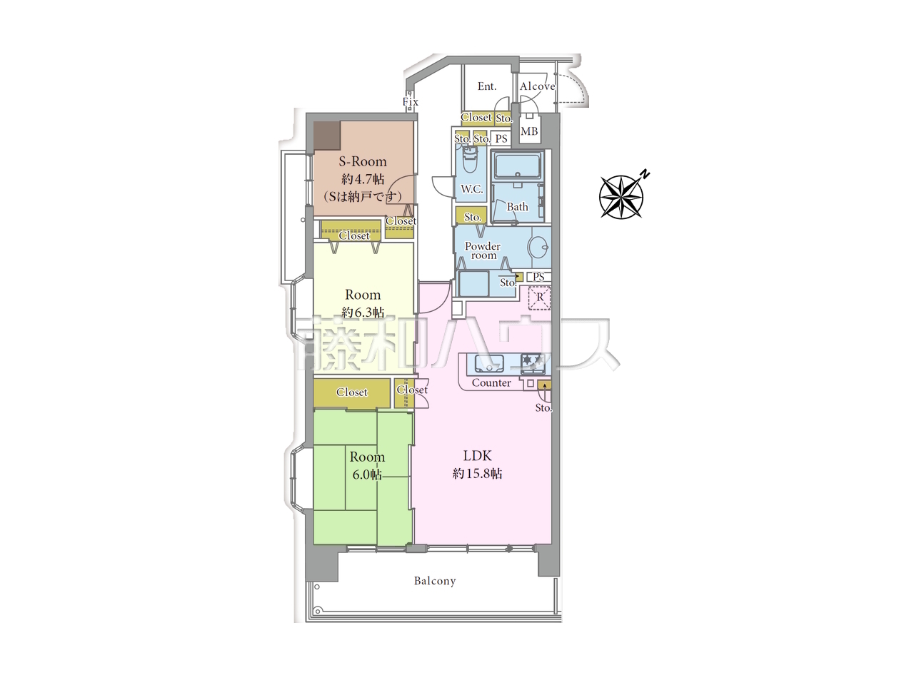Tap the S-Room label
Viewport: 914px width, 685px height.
pos(363,161)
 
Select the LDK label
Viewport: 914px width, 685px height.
pos(478,456)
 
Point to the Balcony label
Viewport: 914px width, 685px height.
pos(435,581)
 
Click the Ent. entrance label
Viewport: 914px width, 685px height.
pos(487,86)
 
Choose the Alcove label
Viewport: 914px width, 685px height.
pos(537,86)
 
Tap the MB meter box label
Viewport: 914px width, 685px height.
pos(529,131)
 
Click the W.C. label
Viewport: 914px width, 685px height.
pos(472,189)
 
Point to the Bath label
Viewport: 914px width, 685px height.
pos(517,207)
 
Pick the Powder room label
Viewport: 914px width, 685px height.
pos(483,250)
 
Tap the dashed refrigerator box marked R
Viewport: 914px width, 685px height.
pos(540,298)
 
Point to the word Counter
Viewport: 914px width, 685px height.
pos(491,382)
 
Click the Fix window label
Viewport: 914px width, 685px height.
pos(410,101)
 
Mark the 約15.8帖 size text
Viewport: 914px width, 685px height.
pos(478,474)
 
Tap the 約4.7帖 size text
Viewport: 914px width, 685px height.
pos(363,179)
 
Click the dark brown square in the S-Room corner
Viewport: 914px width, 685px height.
pos(327,135)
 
